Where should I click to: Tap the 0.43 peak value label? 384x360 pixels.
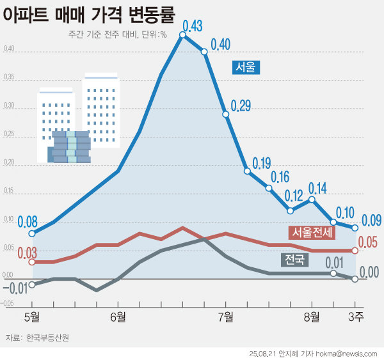click(x=193, y=26)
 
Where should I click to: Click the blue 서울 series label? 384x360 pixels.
click(x=245, y=67)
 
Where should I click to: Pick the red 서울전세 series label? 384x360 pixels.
click(x=311, y=232)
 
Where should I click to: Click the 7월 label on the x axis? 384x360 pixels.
click(x=226, y=316)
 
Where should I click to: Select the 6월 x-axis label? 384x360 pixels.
click(x=118, y=316)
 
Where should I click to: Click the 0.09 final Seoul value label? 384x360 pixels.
click(x=371, y=221)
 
